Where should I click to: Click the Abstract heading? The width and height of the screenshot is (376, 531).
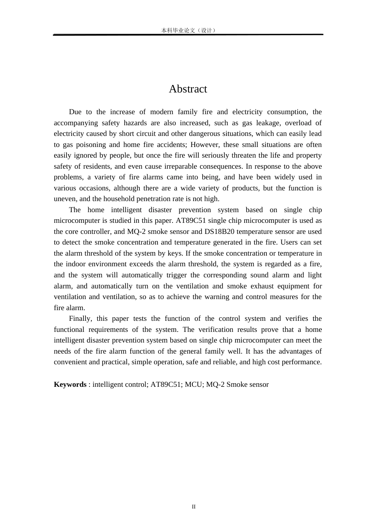[188, 89]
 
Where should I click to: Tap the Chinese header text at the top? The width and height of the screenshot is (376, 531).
[188, 30]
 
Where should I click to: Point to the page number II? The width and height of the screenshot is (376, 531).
[194, 507]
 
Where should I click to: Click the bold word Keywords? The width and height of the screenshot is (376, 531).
[70, 384]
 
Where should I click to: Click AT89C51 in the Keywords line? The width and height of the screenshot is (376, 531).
[165, 384]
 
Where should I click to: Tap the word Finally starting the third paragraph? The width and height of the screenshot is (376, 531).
[80, 318]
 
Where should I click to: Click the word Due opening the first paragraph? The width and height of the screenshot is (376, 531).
[75, 112]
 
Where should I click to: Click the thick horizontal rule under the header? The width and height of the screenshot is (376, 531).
[188, 35]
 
